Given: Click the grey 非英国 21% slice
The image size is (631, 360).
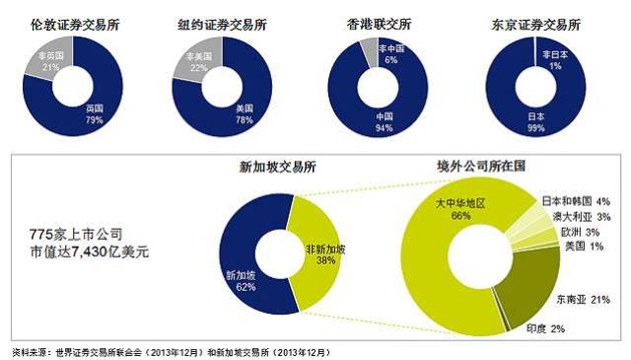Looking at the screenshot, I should [45, 64].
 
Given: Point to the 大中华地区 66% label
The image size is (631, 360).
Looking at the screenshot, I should [459, 209].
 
